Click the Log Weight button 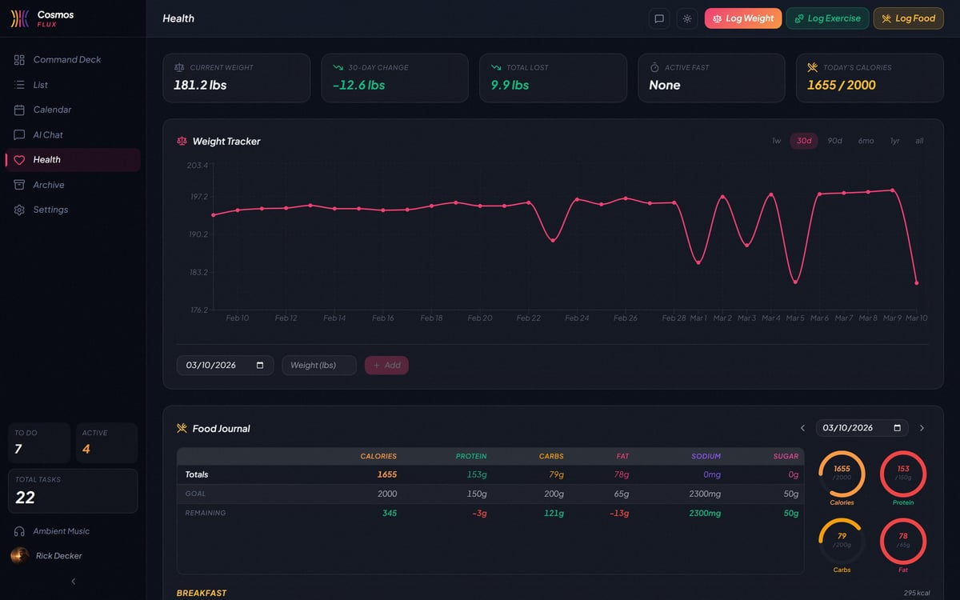(742, 18)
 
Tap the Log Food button (908, 18)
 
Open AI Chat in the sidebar (48, 134)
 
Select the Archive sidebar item (48, 185)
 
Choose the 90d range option (834, 141)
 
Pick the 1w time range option (776, 141)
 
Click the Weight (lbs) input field (318, 366)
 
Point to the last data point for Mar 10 (916, 283)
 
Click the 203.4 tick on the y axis (197, 166)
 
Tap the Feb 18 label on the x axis (431, 318)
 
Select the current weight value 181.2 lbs (200, 85)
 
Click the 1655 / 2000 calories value (841, 85)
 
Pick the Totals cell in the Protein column (476, 474)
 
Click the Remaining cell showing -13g (618, 513)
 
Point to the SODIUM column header (706, 456)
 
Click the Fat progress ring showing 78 (902, 541)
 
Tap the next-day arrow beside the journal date (922, 428)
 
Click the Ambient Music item (61, 531)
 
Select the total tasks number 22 (25, 498)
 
